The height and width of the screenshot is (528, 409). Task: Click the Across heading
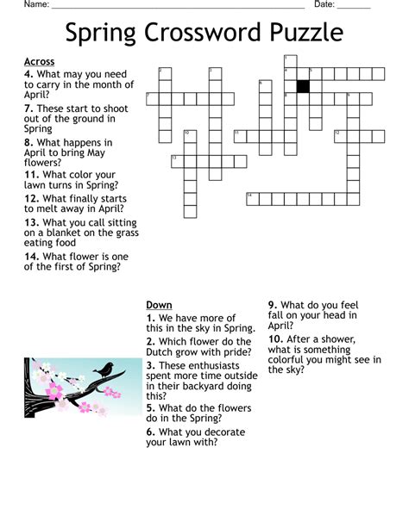(40, 62)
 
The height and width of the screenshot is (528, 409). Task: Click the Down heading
(159, 305)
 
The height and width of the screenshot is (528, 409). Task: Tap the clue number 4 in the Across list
(28, 74)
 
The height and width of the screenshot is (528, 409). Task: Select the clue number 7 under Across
(28, 109)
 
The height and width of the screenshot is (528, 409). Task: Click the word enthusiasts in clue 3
(194, 376)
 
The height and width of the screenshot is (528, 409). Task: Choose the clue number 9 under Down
(272, 305)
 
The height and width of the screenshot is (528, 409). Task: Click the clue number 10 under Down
(274, 339)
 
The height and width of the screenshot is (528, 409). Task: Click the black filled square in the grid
(303, 86)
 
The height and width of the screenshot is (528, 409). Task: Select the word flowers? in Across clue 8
(43, 163)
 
